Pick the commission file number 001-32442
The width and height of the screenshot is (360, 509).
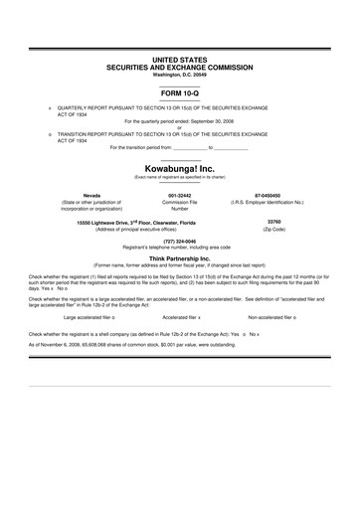coord(180,195)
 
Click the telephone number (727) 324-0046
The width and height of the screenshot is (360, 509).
coord(180,240)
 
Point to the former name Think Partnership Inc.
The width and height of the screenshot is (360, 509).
coord(180,256)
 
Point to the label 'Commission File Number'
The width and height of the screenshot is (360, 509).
coord(180,208)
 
